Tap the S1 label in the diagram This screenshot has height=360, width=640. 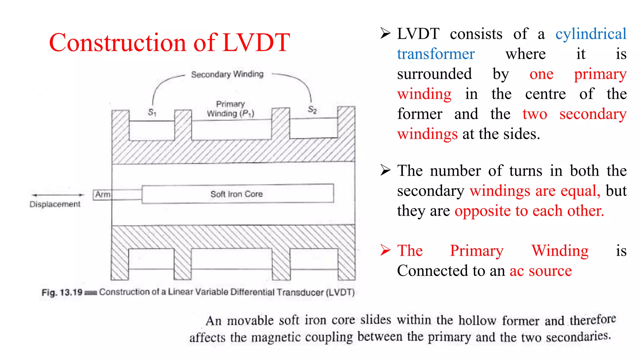tap(152, 112)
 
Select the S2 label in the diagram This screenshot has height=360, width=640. tap(312, 109)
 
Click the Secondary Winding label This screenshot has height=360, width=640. tap(227, 74)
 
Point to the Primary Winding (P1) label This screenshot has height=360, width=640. tap(231, 109)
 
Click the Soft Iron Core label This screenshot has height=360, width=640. tap(237, 194)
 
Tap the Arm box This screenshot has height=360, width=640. tap(102, 194)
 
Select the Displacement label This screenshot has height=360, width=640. tap(55, 204)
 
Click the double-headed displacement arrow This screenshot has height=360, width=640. tap(58, 195)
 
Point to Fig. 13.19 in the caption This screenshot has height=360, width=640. tap(62, 292)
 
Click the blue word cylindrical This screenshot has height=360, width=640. tap(591, 34)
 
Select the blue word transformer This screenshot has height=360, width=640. tap(436, 54)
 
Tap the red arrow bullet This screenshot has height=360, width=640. tap(385, 250)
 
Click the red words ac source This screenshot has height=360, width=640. tap(541, 271)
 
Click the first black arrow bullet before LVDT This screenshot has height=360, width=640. tap(385, 33)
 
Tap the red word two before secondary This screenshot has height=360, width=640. tap(535, 114)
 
